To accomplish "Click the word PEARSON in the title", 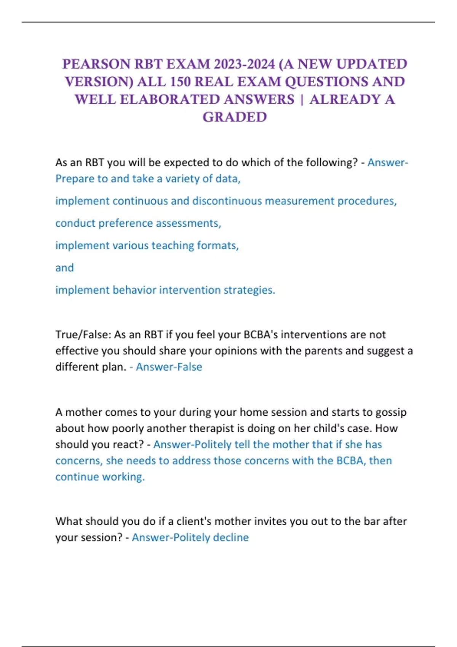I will coord(96,64).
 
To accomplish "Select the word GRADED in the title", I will coord(235,117).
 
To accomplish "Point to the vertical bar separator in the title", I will coord(302,100).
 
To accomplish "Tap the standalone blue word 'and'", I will coord(64,268).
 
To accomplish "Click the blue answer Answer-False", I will coord(169,367).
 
